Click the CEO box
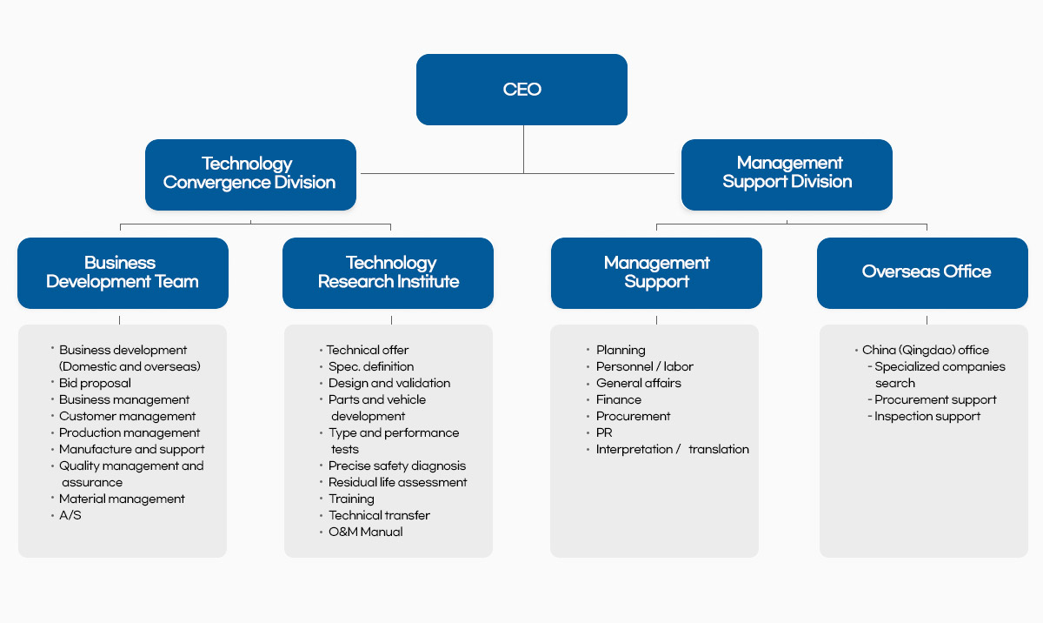[521, 90]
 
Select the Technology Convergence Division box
[250, 174]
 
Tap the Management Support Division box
[787, 173]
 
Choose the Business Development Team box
[123, 272]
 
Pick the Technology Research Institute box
[388, 272]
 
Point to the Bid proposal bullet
[95, 383]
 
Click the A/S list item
[70, 515]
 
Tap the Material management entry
[122, 499]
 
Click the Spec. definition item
[371, 366]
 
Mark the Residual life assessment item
[397, 482]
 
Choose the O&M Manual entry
[365, 532]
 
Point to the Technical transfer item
[379, 515]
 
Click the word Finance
[619, 399]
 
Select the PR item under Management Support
[604, 432]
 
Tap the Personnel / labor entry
[644, 366]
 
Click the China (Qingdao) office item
[926, 350]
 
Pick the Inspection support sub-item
[927, 416]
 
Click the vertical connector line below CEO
[523, 149]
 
